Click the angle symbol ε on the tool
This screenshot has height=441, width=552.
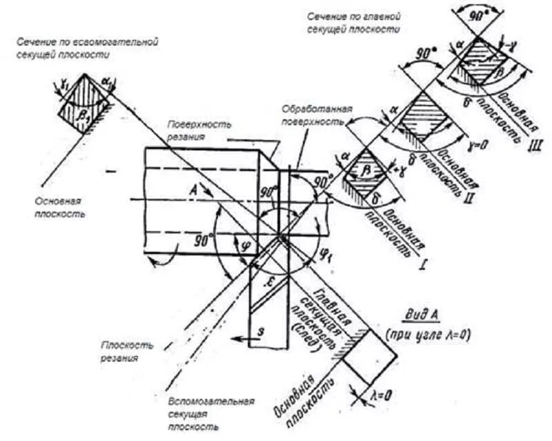[271, 281]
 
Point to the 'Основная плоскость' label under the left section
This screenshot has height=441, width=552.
[59, 208]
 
